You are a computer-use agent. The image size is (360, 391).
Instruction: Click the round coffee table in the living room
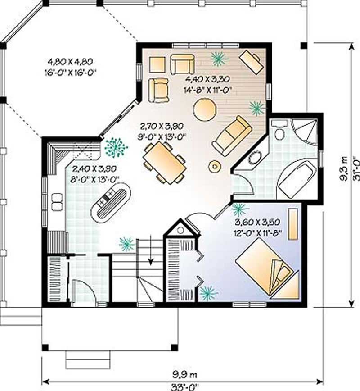[x=204, y=108]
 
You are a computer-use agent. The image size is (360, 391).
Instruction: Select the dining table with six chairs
[x=164, y=163]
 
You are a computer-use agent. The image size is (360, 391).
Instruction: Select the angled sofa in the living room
[x=232, y=135]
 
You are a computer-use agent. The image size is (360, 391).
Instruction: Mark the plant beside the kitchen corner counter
[x=116, y=147]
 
